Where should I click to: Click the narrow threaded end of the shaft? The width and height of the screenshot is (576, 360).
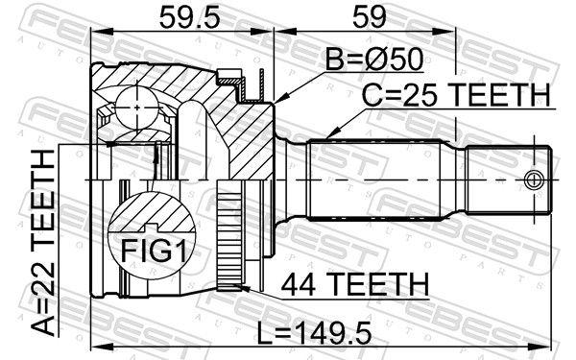point(509,180)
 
